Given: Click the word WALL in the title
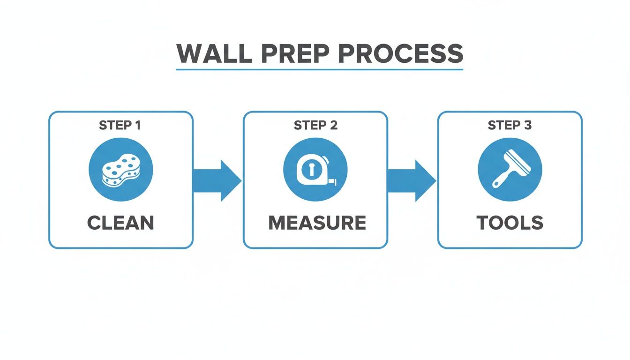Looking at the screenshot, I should (213, 54).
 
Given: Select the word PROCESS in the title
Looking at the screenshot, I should (401, 54).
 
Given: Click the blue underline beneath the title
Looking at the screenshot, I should (319, 70).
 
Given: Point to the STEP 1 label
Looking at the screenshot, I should (120, 125).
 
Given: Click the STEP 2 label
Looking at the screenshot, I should (315, 125).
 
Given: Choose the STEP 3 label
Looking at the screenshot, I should (510, 125).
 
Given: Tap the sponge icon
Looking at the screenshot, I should (120, 170).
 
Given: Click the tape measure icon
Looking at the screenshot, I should (315, 170).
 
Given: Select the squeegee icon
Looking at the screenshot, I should (510, 170).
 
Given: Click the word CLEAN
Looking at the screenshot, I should (120, 223).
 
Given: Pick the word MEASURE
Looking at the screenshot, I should (317, 223).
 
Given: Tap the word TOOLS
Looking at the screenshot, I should (510, 223).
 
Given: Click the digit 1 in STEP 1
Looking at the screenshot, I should (138, 125).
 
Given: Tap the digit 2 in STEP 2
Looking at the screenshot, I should (333, 125).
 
